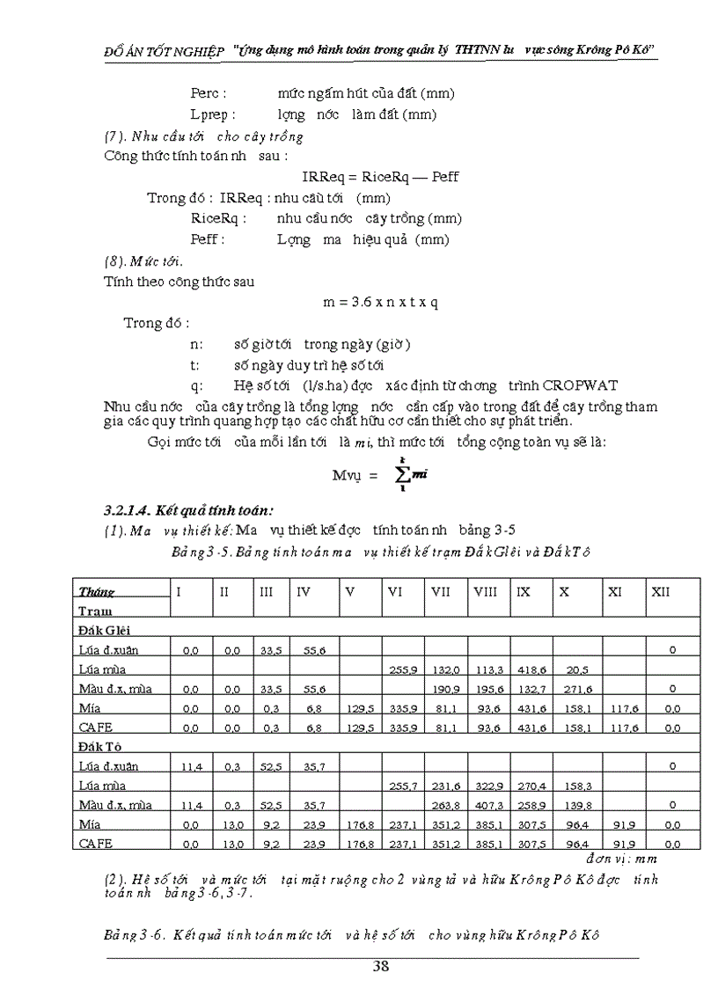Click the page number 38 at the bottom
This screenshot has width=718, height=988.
(x=380, y=965)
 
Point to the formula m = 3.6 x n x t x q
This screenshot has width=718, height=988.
(x=380, y=302)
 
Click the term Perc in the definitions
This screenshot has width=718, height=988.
(x=209, y=93)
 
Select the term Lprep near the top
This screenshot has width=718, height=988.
(x=213, y=114)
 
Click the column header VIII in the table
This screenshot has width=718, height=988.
(x=485, y=592)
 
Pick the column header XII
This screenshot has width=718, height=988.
(x=660, y=592)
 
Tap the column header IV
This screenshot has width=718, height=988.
(x=304, y=592)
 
